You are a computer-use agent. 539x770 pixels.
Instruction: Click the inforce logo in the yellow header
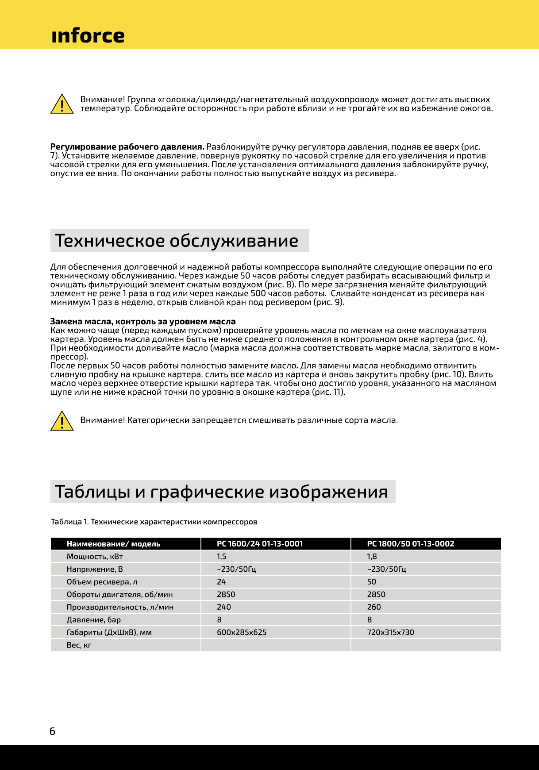tap(88, 35)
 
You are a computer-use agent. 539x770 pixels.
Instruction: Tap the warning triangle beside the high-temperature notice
tap(62, 104)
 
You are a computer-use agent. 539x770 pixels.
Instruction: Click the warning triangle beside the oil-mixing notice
tap(62, 421)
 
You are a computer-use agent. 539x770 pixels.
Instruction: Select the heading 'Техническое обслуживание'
tap(177, 241)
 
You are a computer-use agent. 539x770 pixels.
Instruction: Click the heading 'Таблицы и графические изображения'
tap(221, 492)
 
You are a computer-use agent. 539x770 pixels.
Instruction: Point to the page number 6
tap(52, 731)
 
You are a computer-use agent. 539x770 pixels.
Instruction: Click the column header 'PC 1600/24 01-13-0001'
tap(260, 544)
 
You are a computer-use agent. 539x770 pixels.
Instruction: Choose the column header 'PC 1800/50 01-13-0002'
tap(410, 544)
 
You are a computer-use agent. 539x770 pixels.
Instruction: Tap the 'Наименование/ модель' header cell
tap(113, 544)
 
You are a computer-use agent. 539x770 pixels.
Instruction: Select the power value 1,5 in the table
tap(221, 557)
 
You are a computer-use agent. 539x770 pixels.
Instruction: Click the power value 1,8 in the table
tap(372, 557)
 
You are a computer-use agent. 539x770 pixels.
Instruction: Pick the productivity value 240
tap(224, 607)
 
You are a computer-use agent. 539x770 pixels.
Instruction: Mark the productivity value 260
tap(374, 607)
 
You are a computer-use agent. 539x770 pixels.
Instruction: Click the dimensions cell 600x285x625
tap(242, 632)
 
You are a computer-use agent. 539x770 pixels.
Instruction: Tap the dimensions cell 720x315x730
tap(390, 632)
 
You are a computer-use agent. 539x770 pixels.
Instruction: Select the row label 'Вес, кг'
tap(79, 645)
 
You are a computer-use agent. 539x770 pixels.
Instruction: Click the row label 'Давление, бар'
tap(94, 620)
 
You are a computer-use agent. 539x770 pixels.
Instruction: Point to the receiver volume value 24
tap(221, 582)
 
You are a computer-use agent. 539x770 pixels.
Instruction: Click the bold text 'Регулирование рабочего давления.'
tap(127, 147)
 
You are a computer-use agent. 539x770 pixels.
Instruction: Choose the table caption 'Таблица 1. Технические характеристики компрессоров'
tap(154, 522)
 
